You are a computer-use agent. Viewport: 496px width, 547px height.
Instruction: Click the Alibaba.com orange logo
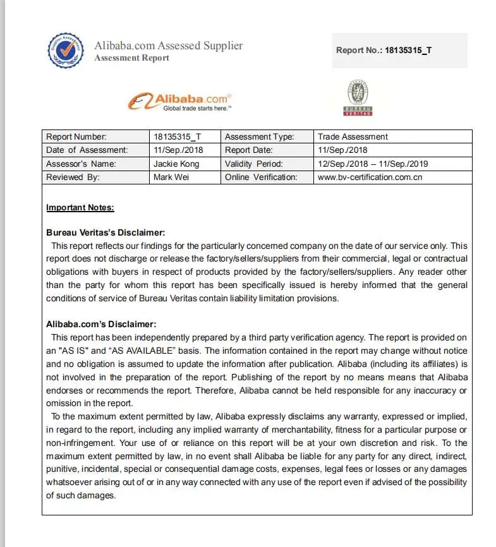tap(180, 101)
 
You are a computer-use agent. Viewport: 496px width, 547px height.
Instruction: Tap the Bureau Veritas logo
tap(358, 98)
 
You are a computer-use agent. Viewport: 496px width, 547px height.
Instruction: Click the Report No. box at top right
tap(399, 51)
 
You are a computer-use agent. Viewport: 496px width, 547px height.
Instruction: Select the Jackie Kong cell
tap(176, 164)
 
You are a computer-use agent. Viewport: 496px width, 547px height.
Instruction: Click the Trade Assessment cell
tap(353, 136)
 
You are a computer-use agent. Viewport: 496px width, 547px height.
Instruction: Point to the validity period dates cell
tap(373, 164)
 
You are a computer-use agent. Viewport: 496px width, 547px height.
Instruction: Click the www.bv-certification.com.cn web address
tap(370, 177)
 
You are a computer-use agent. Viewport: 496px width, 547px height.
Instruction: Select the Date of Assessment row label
tap(87, 150)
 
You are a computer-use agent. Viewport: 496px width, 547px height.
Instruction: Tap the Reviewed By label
tap(73, 177)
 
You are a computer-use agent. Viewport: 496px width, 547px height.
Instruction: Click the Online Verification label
tap(260, 177)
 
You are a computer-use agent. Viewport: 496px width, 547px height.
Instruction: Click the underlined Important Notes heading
tap(80, 208)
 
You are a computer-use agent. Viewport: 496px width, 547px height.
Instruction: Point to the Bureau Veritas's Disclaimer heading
tap(106, 232)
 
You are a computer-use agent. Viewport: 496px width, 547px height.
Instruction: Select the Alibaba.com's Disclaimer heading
tap(100, 325)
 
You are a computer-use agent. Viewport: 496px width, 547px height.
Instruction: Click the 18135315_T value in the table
tap(177, 136)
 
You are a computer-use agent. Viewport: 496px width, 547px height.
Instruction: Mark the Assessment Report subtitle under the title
tap(131, 58)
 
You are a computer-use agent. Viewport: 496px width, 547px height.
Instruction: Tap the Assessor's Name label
tap(80, 164)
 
